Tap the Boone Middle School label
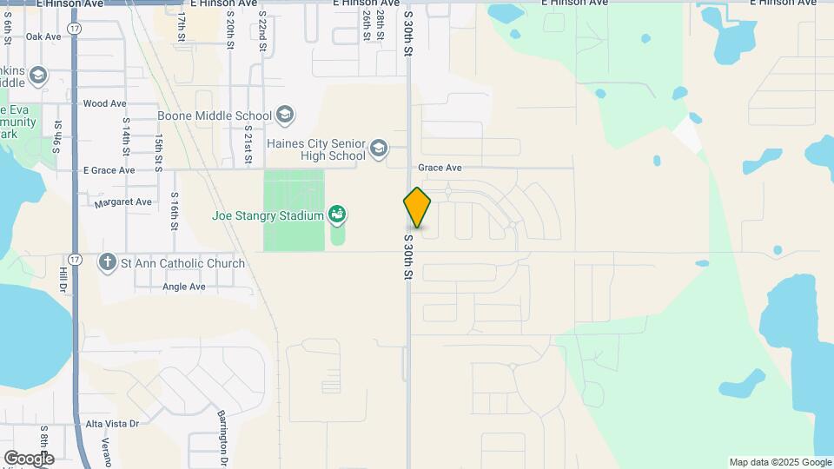coord(215,116)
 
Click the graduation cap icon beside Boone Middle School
coord(285,115)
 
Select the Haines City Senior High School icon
coord(378,149)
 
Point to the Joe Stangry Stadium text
coord(268,215)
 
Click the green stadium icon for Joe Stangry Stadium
coord(338,215)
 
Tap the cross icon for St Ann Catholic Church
coord(108,262)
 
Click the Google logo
coord(29,458)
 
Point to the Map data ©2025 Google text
coord(780,462)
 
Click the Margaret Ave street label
coord(123,202)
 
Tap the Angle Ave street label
coord(183,287)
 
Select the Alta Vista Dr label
coord(113,424)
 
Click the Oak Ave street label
coord(43,36)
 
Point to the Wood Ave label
coord(104,103)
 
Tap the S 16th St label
coord(174,212)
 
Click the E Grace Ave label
coord(108,170)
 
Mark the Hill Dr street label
coord(63,284)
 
